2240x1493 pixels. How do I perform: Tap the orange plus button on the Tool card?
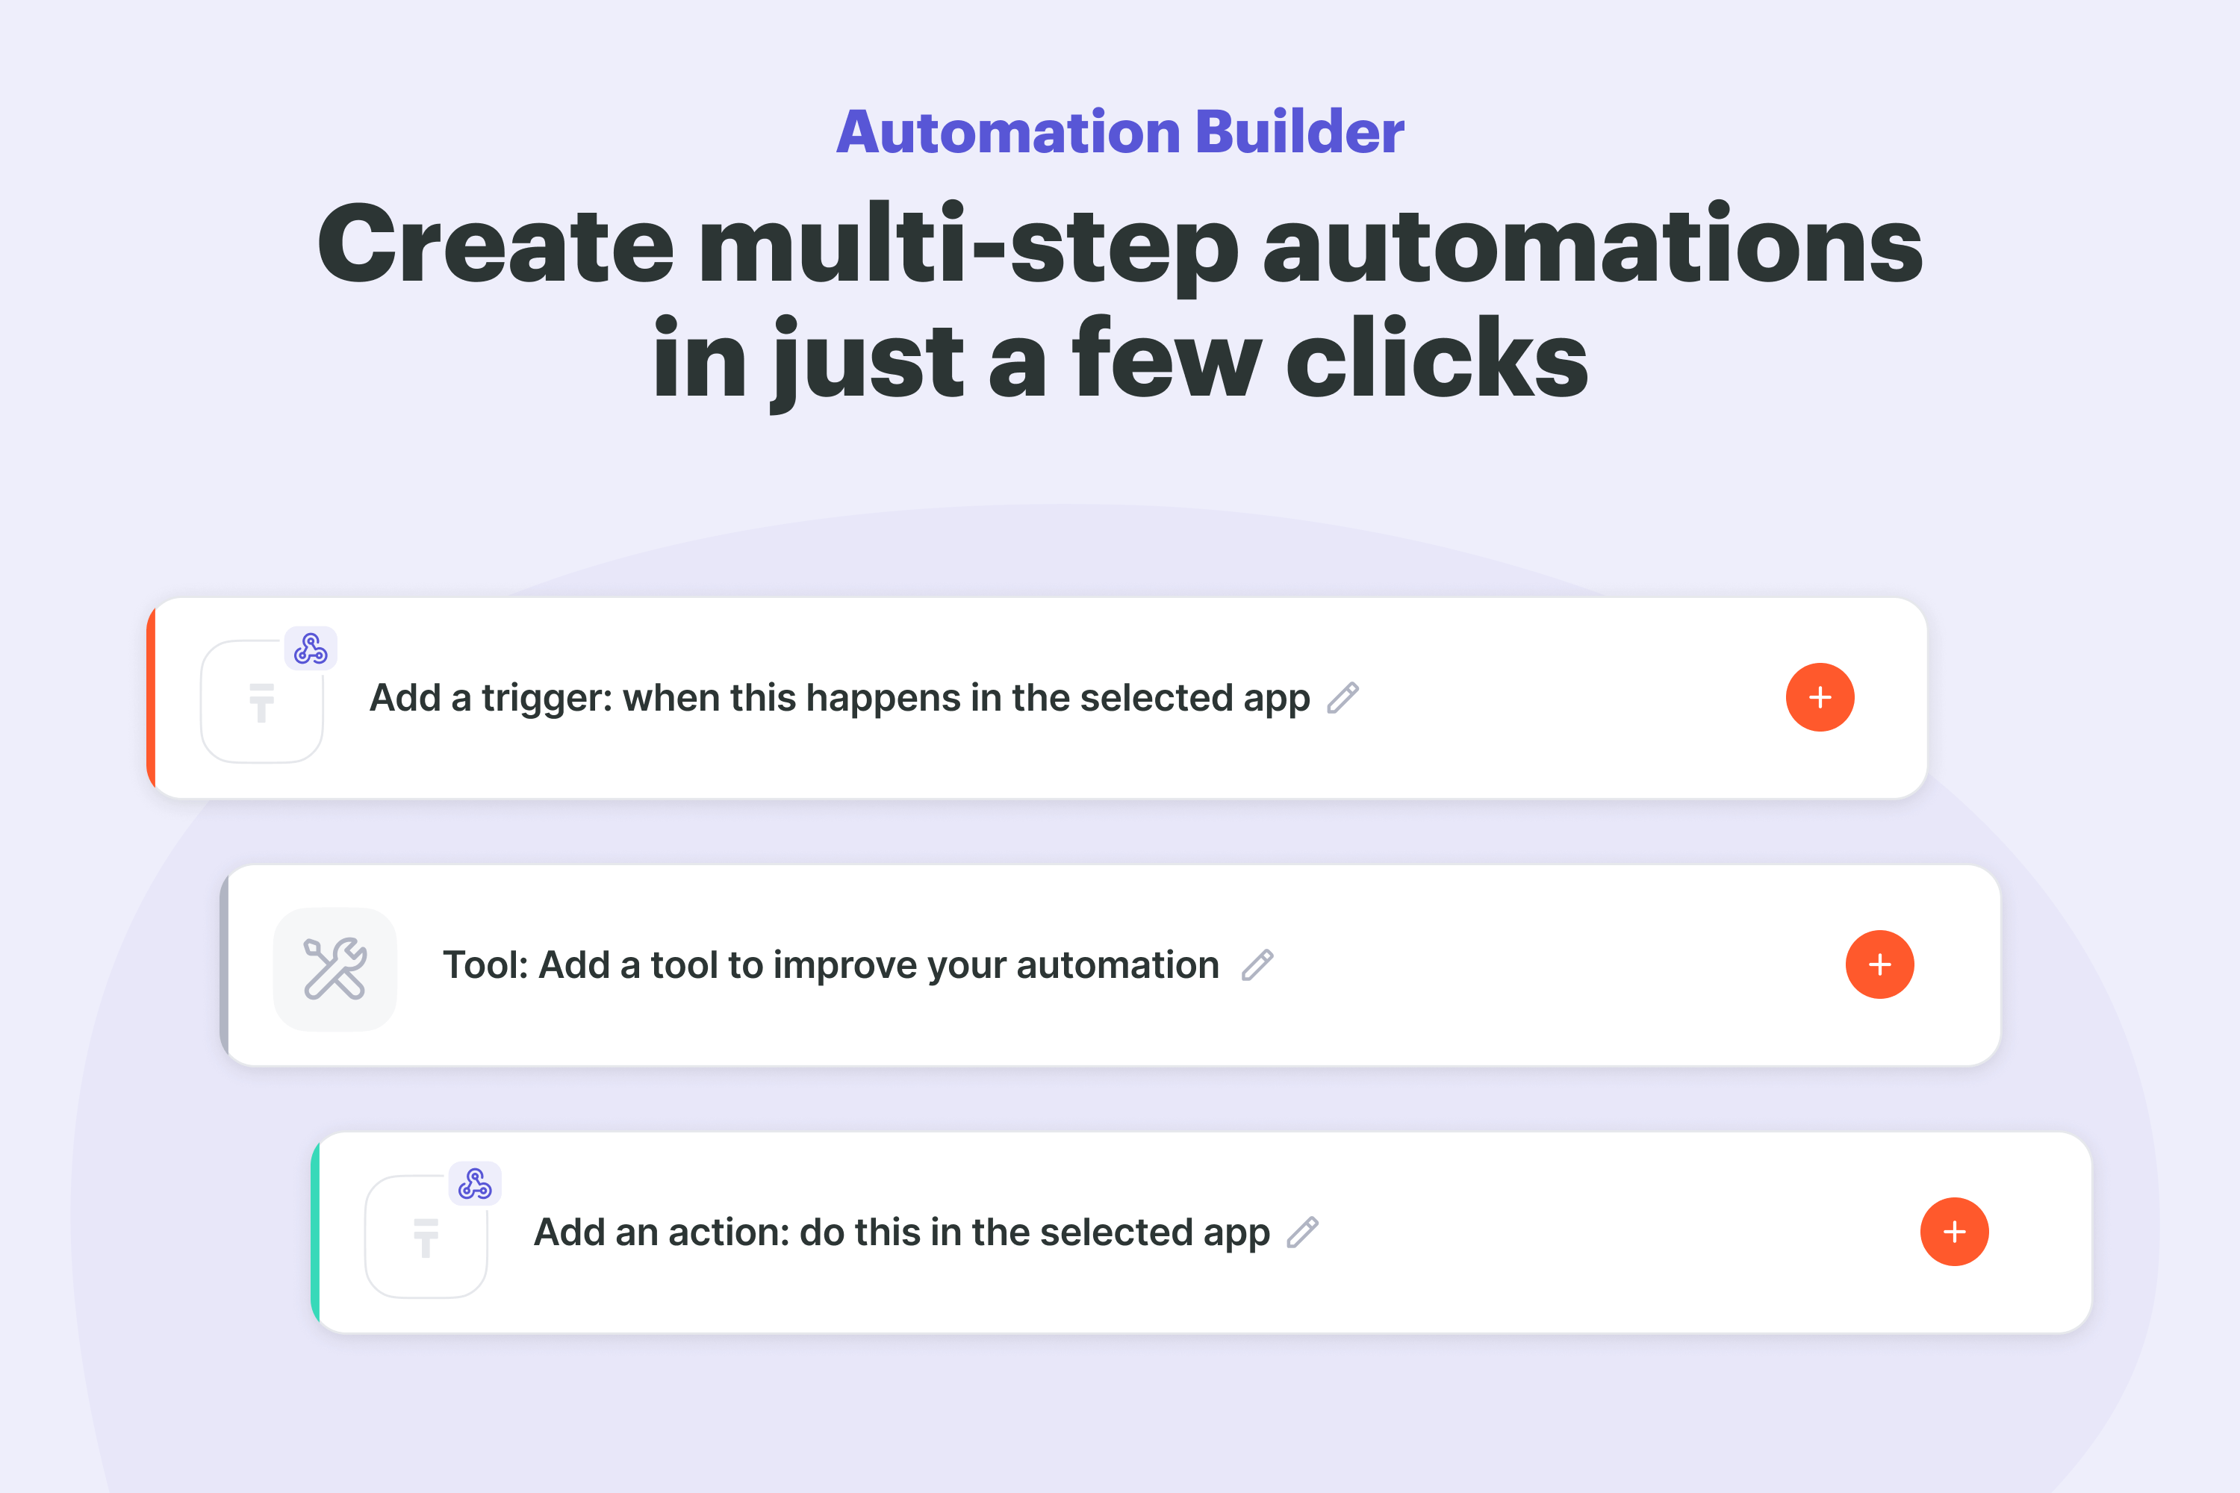click(1879, 964)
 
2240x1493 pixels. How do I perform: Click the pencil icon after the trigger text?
click(1343, 698)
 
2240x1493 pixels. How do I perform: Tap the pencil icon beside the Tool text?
click(1258, 964)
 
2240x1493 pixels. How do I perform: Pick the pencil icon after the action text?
click(1303, 1232)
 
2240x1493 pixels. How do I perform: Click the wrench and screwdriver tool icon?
click(335, 968)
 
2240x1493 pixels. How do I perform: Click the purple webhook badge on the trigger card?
click(311, 649)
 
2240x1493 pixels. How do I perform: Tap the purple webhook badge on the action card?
click(475, 1183)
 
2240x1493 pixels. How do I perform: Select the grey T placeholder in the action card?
click(426, 1238)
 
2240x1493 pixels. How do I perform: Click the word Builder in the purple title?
click(1299, 131)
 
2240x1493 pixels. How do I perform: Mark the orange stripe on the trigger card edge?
click(151, 698)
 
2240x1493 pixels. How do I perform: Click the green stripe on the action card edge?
click(315, 1232)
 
